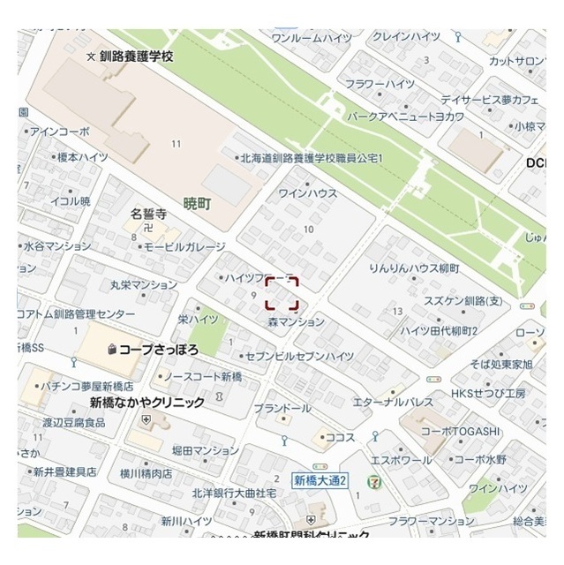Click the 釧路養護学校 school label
click(136, 56)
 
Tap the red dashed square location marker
click(282, 292)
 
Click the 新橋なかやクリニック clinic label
click(147, 402)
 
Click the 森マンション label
click(297, 322)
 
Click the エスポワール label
click(401, 460)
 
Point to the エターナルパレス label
click(393, 402)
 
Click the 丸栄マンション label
click(145, 284)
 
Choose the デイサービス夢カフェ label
click(477, 100)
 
